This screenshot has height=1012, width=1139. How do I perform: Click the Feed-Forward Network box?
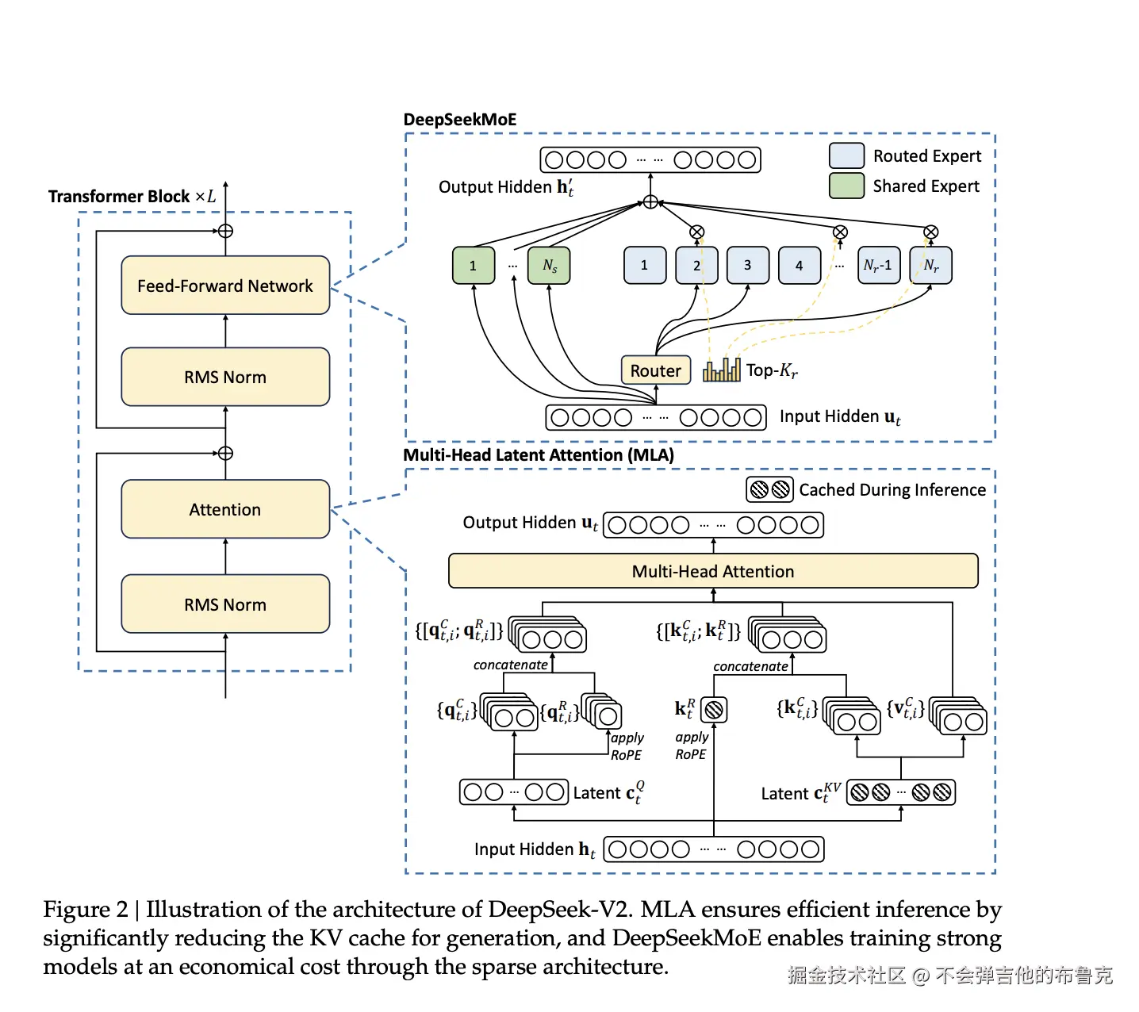pyautogui.click(x=225, y=286)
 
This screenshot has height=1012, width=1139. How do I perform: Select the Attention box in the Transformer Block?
pyautogui.click(x=225, y=509)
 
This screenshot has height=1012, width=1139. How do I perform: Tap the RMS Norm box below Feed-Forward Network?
pyautogui.click(x=225, y=377)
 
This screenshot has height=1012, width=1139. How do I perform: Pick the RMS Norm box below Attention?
pyautogui.click(x=225, y=604)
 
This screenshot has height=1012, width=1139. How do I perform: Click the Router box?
pyautogui.click(x=655, y=370)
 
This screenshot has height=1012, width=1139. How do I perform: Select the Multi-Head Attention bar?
pyautogui.click(x=713, y=571)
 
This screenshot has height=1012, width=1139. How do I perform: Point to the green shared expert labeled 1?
pyautogui.click(x=474, y=266)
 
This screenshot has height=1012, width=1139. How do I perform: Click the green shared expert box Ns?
pyautogui.click(x=549, y=266)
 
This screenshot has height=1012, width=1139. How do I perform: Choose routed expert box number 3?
pyautogui.click(x=747, y=266)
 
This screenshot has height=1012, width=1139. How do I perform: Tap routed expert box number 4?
pyautogui.click(x=799, y=266)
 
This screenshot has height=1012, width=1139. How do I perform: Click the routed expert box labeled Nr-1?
pyautogui.click(x=879, y=266)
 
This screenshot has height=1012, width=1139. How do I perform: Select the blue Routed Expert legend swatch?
pyautogui.click(x=846, y=155)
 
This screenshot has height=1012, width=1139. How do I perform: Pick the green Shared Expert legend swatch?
pyautogui.click(x=846, y=186)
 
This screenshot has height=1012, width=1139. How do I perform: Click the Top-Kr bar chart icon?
pyautogui.click(x=721, y=370)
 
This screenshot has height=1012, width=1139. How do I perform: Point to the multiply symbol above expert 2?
pyautogui.click(x=696, y=232)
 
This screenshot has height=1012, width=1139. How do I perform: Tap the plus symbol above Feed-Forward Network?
pyautogui.click(x=225, y=232)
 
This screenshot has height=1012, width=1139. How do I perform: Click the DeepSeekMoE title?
pyautogui.click(x=460, y=120)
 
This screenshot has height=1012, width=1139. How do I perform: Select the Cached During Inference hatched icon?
pyautogui.click(x=769, y=489)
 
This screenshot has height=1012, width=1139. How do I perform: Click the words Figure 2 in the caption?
pyautogui.click(x=85, y=910)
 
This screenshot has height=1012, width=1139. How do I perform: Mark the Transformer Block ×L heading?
pyautogui.click(x=132, y=196)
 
